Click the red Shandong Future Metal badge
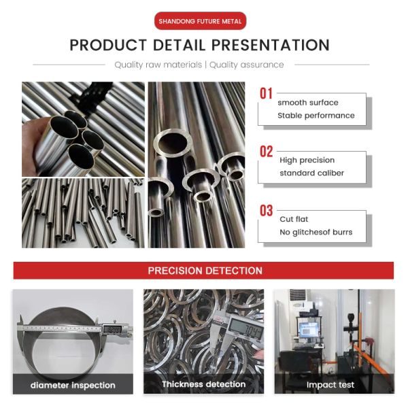[x=200, y=21]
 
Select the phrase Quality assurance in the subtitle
[x=246, y=65]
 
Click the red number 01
[x=266, y=94]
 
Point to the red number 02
[x=266, y=152]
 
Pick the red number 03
[x=266, y=211]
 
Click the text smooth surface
[x=307, y=103]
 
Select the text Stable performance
[x=316, y=116]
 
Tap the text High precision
[x=307, y=160]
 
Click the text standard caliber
[x=311, y=173]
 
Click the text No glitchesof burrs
[x=316, y=233]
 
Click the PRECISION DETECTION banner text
[x=205, y=271]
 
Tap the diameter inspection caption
[x=73, y=386]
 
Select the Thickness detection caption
[x=203, y=385]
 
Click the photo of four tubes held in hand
[x=83, y=129]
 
